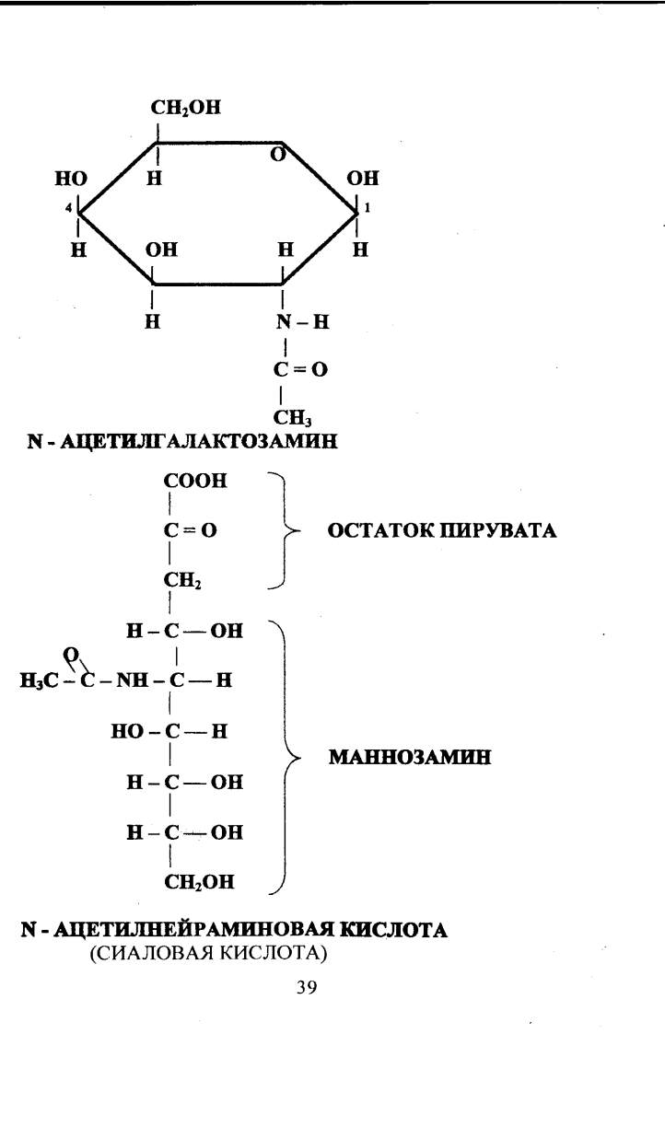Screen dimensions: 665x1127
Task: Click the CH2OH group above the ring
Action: pos(185,108)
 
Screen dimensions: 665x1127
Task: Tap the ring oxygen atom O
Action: pos(278,155)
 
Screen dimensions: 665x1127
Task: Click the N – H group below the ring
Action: pos(302,321)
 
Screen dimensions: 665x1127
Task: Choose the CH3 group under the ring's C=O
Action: pos(293,418)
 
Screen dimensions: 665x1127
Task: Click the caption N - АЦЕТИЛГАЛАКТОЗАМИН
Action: pos(182,442)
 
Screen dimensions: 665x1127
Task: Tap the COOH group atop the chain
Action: pos(195,481)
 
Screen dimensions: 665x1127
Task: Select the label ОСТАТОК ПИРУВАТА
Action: pos(442,530)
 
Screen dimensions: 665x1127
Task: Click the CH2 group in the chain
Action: pos(182,581)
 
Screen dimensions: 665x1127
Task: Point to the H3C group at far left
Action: pos(39,680)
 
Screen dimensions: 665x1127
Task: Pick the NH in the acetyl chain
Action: pos(133,680)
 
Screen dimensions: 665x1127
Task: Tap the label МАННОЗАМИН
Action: pos(410,757)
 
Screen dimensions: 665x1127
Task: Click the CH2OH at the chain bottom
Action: pos(199,882)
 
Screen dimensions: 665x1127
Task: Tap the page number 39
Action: pos(307,988)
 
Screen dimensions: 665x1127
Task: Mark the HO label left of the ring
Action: pos(71,178)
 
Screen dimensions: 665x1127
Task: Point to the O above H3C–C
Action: pos(72,655)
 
